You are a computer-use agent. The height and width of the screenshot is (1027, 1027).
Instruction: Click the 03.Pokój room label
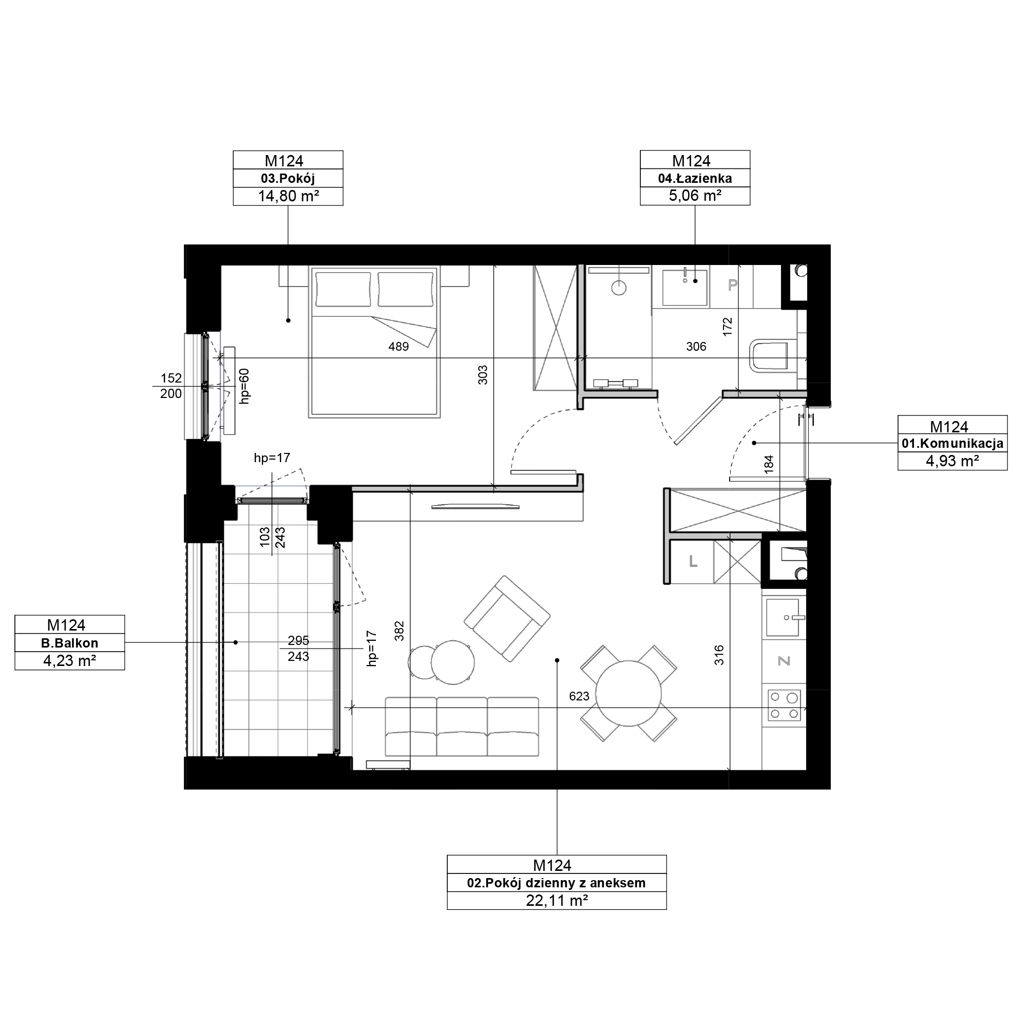click(x=288, y=178)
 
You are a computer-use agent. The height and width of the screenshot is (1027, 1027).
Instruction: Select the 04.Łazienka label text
click(x=695, y=178)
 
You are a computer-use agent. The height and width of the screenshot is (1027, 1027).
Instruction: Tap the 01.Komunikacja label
click(x=952, y=443)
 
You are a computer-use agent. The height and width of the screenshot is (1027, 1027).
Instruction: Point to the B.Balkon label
click(x=70, y=643)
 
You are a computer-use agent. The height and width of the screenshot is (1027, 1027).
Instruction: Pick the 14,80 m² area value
click(x=288, y=196)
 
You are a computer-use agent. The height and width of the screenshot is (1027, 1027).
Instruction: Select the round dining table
click(x=629, y=693)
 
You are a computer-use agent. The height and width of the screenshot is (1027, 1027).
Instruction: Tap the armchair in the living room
click(x=507, y=618)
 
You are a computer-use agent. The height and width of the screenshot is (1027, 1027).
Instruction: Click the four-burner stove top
click(x=784, y=705)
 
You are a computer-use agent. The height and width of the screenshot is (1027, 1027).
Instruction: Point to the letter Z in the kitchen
click(x=784, y=661)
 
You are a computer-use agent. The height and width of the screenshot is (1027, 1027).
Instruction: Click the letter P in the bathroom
click(x=733, y=286)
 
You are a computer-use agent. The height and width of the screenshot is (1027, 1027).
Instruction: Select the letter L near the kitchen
click(x=693, y=561)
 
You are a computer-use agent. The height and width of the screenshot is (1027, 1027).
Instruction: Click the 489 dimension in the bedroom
click(x=398, y=347)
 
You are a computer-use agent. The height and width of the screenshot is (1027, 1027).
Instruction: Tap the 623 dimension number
click(x=579, y=696)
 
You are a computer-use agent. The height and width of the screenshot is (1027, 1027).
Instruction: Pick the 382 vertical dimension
click(x=400, y=631)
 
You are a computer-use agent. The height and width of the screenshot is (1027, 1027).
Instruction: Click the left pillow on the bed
click(x=343, y=289)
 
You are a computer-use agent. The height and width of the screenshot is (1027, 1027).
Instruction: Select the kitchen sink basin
click(x=782, y=617)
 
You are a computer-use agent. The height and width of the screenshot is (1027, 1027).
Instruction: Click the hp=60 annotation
click(x=244, y=386)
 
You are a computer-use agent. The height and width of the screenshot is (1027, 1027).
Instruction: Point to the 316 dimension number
click(x=719, y=655)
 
